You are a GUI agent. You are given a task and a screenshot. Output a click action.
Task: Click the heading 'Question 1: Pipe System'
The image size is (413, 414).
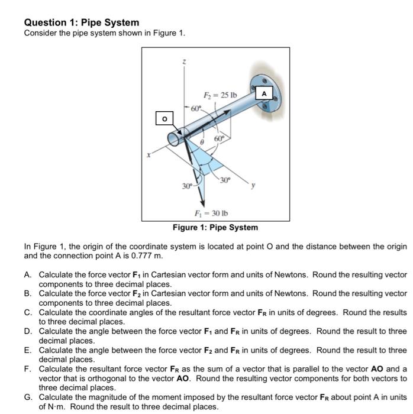point(82,22)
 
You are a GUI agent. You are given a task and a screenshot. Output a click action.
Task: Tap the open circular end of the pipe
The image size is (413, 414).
point(176,138)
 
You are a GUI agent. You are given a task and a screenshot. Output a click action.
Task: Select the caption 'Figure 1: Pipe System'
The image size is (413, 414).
point(215,228)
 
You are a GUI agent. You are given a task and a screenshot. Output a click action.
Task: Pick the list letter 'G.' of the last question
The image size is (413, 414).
point(28,397)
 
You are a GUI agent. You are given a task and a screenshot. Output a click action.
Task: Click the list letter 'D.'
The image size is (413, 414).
point(28,332)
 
